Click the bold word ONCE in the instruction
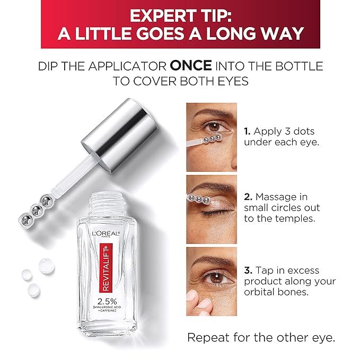[x=191, y=67]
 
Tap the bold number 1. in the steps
[x=247, y=131]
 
